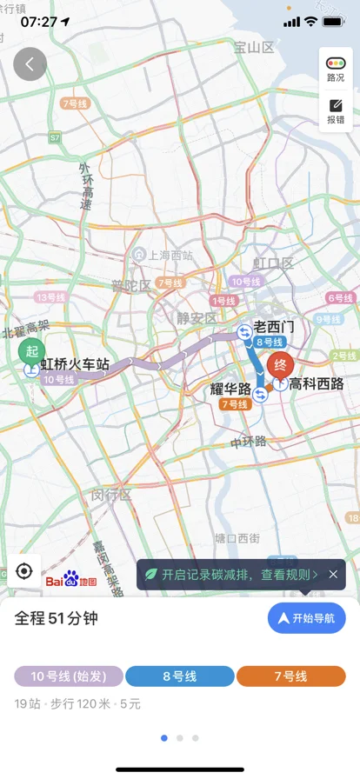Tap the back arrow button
[30, 64]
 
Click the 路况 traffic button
[335, 69]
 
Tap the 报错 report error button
[335, 111]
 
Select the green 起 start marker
[32, 351]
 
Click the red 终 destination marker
[280, 364]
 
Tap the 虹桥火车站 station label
[75, 365]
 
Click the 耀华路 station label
[230, 389]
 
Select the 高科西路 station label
[317, 383]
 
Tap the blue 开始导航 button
[306, 618]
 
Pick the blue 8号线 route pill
[180, 676]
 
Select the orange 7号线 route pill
[290, 676]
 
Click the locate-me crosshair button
[23, 572]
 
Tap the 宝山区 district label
[253, 48]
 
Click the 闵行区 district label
[111, 495]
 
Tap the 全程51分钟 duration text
[57, 618]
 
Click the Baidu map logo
[71, 580]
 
